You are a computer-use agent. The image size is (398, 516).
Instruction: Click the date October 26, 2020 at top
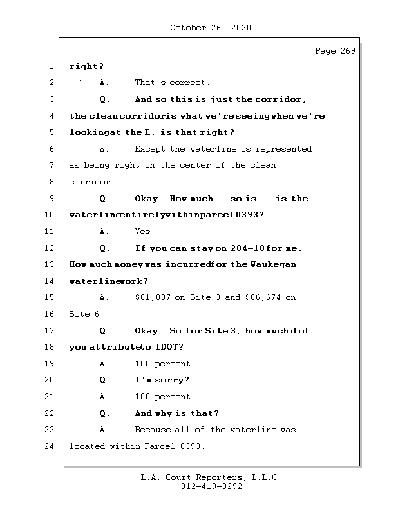pyautogui.click(x=211, y=28)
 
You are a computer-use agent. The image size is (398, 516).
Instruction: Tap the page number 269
pyautogui.click(x=346, y=51)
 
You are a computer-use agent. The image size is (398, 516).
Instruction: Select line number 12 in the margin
pyautogui.click(x=50, y=248)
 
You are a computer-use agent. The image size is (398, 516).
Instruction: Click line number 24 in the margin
pyautogui.click(x=50, y=446)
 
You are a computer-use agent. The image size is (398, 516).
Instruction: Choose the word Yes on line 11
pyautogui.click(x=144, y=232)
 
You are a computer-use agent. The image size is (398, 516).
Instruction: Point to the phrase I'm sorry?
pyautogui.click(x=162, y=381)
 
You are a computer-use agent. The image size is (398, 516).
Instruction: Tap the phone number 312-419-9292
pyautogui.click(x=211, y=487)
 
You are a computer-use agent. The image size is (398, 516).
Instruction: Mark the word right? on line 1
pyautogui.click(x=86, y=66)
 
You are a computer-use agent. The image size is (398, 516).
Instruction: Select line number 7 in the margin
pyautogui.click(x=51, y=166)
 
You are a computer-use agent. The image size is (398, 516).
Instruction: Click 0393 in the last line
pyautogui.click(x=192, y=446)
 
